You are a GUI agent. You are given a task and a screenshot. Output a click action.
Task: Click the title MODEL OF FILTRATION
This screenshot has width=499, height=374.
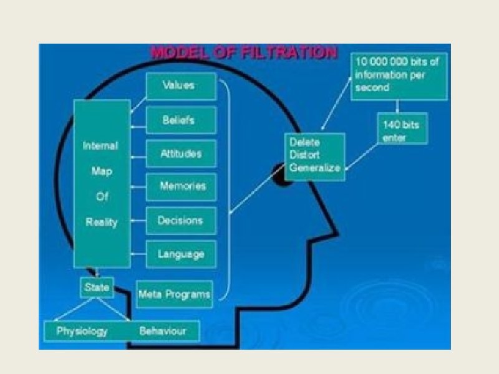point(244,52)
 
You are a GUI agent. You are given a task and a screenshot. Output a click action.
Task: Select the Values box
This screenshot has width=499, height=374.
point(181,86)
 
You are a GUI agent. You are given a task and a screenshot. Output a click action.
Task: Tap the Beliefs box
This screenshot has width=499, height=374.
point(181,120)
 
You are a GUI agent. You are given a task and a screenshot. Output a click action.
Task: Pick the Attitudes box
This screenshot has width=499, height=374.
point(181,153)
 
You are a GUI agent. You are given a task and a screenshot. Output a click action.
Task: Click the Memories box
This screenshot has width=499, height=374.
point(181,186)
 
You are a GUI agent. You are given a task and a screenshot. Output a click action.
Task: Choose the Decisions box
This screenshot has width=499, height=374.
point(181,221)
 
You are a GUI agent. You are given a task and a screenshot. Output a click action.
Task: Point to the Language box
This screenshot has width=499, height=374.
point(181,254)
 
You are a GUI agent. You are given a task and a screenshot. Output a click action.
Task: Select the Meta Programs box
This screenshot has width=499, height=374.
point(175,294)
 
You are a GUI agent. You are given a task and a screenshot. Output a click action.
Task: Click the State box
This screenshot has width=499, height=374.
point(96,288)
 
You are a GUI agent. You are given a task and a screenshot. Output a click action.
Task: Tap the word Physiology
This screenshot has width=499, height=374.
point(82,330)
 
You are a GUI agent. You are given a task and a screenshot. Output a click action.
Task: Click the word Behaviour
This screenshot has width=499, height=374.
point(162,330)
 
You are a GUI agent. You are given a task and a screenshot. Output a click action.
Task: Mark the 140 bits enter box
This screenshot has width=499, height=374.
point(400,130)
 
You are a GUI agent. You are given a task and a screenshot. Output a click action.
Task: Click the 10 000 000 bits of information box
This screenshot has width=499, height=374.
point(399,75)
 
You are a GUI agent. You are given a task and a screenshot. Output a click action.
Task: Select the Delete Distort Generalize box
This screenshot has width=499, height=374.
point(314,156)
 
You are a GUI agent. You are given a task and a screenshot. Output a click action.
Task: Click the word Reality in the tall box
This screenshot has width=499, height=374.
point(101,223)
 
